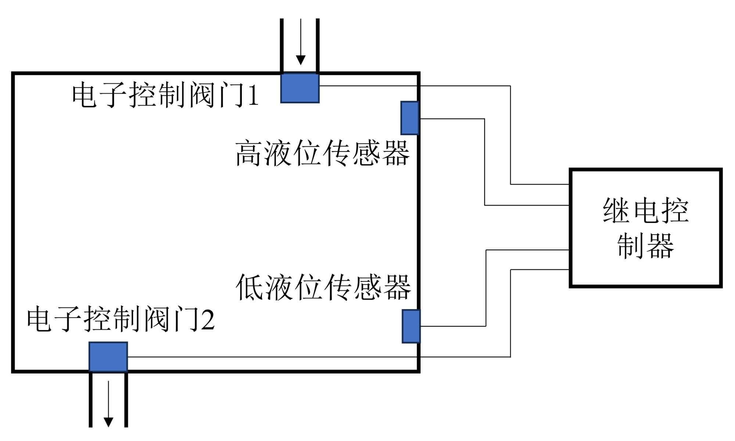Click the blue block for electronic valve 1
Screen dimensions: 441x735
pos(300,88)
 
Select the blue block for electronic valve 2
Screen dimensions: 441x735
pos(108,357)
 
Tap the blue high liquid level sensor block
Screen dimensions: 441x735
pos(410,118)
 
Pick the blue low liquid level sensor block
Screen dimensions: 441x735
pos(411,326)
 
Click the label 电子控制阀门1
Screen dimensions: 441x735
pos(165,95)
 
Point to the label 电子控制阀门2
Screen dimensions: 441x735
pos(121,319)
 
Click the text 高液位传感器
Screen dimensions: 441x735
pos(322,153)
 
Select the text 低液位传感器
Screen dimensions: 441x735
pos(323,287)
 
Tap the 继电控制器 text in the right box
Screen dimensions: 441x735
pos(646,228)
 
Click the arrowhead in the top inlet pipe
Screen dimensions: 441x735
pos(301,60)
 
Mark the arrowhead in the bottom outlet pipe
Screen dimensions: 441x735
pos(108,422)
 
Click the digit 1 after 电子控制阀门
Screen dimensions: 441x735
pos(253,96)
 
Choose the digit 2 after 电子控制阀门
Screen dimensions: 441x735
pos(208,320)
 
